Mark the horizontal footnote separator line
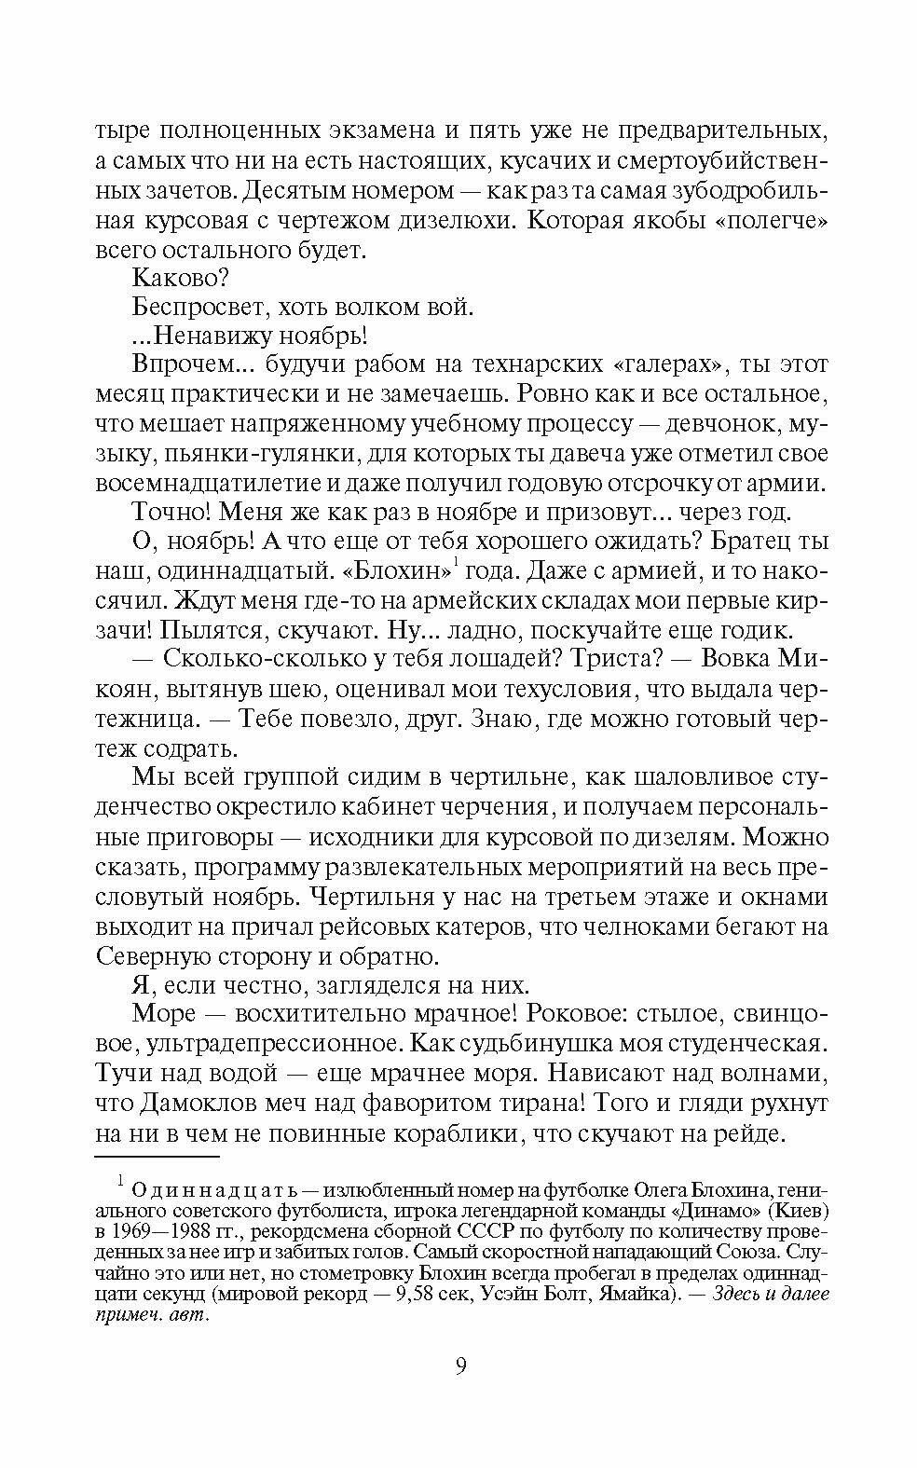click(x=157, y=1157)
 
